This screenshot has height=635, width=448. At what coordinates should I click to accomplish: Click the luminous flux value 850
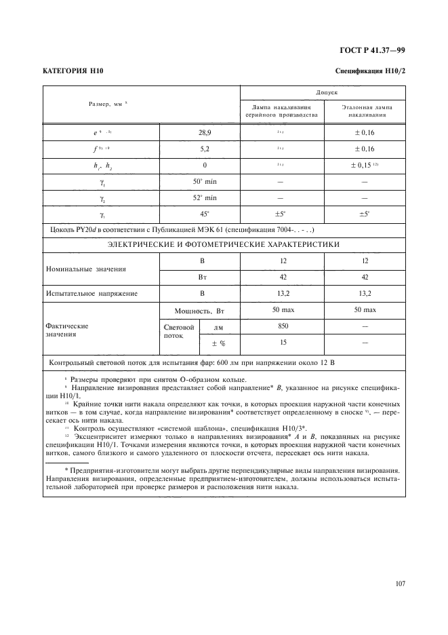coord(283,327)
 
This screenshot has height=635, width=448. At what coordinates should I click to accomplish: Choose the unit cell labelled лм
coord(219,327)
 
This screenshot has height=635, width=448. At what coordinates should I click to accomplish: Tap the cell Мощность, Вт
coord(199,310)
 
